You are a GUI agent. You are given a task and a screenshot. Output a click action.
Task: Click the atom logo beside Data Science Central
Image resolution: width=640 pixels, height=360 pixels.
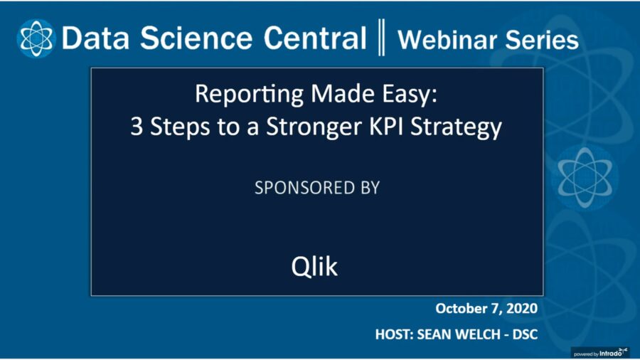click(35, 38)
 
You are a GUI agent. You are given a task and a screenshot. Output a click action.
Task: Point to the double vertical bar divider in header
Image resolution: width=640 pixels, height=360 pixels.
click(382, 38)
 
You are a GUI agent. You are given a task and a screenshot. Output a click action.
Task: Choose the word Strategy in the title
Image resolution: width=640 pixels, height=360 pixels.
click(462, 128)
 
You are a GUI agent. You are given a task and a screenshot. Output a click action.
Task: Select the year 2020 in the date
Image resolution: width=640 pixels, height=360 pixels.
click(522, 309)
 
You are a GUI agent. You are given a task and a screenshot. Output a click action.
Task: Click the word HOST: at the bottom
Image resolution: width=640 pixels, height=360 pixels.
click(396, 333)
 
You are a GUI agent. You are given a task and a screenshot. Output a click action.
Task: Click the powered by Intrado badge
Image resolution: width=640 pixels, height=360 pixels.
click(602, 351)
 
